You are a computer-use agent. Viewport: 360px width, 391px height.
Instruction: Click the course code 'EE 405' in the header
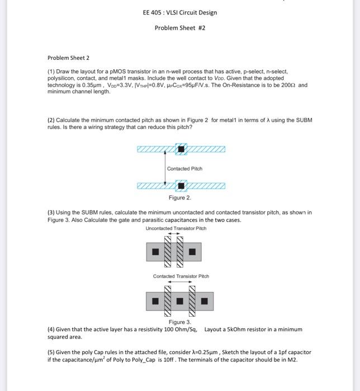(x=151, y=13)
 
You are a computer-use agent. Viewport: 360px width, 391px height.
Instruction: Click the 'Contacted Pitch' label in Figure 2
(x=184, y=169)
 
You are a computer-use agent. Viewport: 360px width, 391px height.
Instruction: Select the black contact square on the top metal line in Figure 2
(x=181, y=149)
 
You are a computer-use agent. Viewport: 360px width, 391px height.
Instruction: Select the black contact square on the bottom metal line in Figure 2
(x=181, y=185)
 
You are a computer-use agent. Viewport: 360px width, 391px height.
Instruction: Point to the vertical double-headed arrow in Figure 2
(x=165, y=168)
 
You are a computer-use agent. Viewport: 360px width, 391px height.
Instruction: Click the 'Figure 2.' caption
(x=180, y=198)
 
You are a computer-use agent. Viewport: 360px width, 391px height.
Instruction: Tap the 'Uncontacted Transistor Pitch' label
(x=176, y=228)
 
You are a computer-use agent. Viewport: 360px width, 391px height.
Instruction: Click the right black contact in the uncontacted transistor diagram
(x=192, y=252)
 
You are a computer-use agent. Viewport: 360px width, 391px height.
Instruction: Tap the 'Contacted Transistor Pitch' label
(x=181, y=276)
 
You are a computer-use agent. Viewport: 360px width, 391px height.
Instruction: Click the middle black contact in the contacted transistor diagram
(x=180, y=302)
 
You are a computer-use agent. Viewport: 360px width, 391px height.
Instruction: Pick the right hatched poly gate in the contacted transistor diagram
(x=192, y=302)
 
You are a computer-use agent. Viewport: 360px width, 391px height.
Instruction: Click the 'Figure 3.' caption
(x=180, y=322)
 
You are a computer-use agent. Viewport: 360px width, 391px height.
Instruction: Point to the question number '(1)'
(x=51, y=72)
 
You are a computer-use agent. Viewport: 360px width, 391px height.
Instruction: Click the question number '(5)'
(x=51, y=352)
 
